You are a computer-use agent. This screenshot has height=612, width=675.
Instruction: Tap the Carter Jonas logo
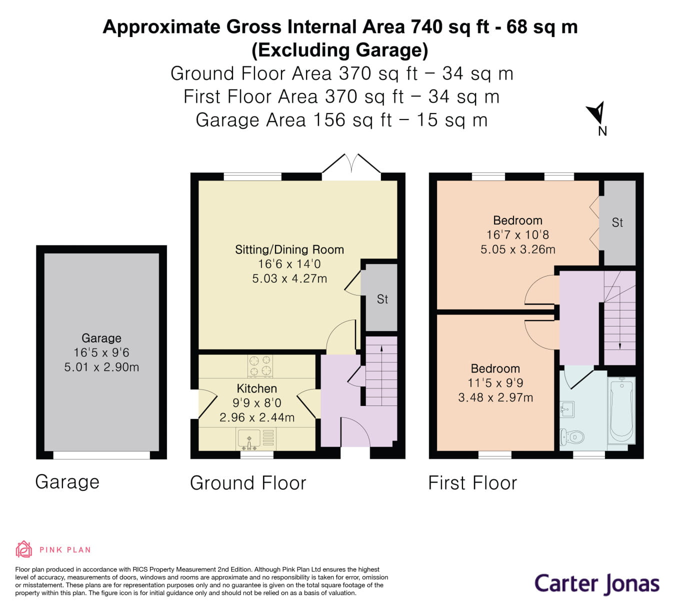[596, 583]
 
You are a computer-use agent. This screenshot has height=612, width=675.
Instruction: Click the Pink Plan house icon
[23, 549]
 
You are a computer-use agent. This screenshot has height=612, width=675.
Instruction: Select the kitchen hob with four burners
[260, 365]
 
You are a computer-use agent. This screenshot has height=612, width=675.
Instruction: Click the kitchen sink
[249, 439]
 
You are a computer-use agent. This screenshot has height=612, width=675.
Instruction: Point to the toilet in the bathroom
[570, 437]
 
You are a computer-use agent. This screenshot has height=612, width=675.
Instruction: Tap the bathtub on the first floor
[621, 410]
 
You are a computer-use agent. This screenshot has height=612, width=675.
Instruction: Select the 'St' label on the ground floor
[382, 299]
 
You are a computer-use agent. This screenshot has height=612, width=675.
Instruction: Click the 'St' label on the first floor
[617, 222]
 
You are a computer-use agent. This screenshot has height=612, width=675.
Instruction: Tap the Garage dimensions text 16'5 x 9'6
[101, 352]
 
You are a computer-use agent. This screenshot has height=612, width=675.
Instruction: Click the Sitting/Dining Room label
[289, 249]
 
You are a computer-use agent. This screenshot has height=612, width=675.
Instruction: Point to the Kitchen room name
[256, 388]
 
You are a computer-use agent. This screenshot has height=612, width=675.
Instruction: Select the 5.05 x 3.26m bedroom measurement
[517, 249]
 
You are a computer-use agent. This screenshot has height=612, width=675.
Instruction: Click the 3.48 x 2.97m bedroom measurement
[495, 397]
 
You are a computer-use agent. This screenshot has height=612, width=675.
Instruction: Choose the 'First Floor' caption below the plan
[472, 483]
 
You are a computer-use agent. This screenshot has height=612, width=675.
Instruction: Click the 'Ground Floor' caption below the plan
[248, 483]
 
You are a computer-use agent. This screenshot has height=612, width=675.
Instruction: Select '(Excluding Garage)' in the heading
[340, 50]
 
